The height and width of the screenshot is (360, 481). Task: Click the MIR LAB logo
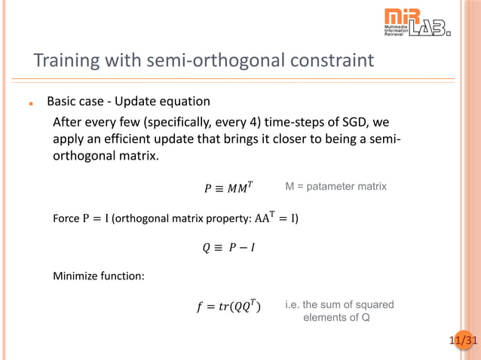click(417, 23)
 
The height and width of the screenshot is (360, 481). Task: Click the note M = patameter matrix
click(335, 186)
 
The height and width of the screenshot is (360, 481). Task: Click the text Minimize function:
click(98, 276)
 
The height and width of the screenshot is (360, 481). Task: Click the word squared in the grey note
click(374, 304)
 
